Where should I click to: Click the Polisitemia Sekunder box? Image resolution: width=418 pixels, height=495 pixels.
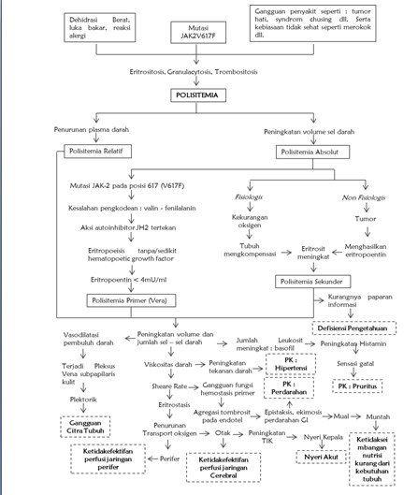pyautogui.click(x=314, y=281)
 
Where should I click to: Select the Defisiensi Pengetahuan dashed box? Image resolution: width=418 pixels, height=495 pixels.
pyautogui.click(x=355, y=328)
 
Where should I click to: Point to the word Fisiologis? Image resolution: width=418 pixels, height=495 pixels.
pyautogui.click(x=247, y=197)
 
